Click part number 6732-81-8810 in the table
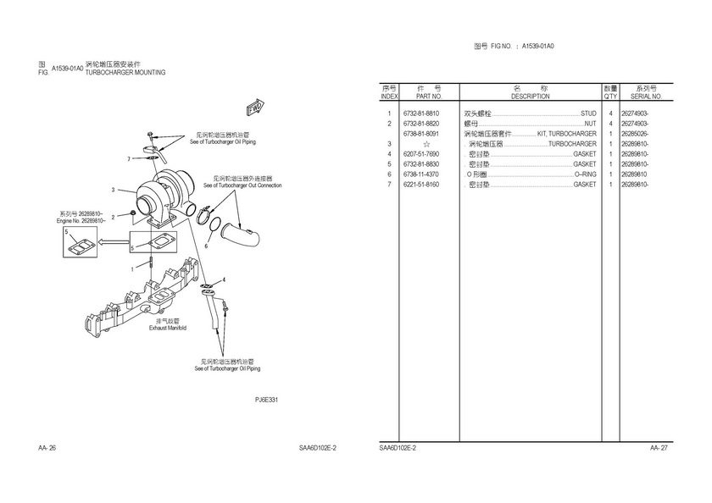coord(421,113)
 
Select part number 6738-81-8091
coord(421,134)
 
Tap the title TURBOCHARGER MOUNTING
coord(125,73)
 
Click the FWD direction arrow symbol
coord(253,107)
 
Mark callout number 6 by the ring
coord(205,246)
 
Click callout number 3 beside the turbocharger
coord(112,190)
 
